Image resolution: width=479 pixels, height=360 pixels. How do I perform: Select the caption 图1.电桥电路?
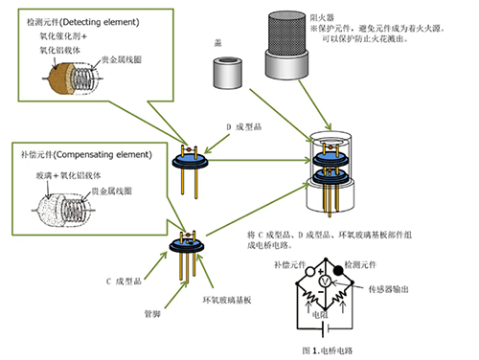click(354, 349)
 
